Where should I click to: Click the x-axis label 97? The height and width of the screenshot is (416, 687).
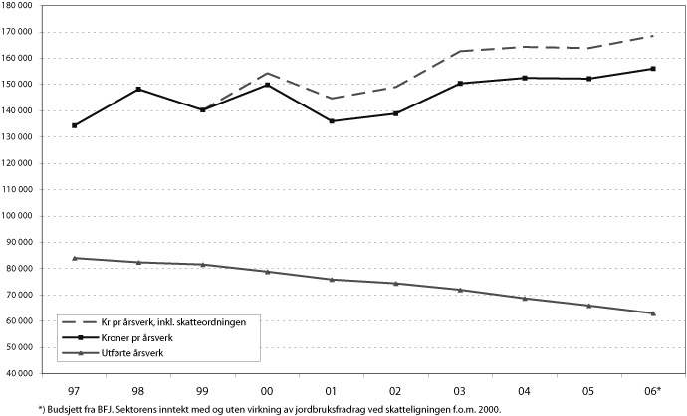pyautogui.click(x=75, y=392)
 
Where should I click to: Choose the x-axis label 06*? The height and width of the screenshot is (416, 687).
pyautogui.click(x=653, y=392)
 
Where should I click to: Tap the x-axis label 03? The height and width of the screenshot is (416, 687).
pyautogui.click(x=460, y=392)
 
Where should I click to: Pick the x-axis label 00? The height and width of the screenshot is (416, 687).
pyautogui.click(x=268, y=392)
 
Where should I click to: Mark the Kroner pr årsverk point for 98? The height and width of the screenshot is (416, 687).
pyautogui.click(x=139, y=90)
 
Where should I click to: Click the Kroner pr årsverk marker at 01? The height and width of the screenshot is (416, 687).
pyautogui.click(x=332, y=121)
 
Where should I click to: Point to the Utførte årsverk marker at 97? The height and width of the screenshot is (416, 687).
pyautogui.click(x=75, y=258)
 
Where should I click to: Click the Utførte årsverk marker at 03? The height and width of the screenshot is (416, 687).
pyautogui.click(x=460, y=290)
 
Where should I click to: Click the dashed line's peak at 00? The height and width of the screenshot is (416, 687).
pyautogui.click(x=268, y=73)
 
